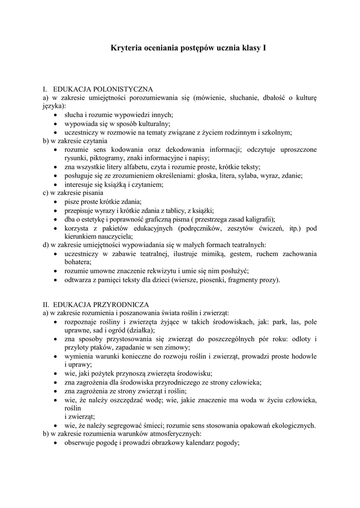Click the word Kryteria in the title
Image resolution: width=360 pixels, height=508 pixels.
tap(125, 49)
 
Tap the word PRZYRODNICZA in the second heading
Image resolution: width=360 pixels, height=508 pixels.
tap(125, 304)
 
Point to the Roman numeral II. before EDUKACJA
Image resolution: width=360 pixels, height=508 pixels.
tap(46, 304)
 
